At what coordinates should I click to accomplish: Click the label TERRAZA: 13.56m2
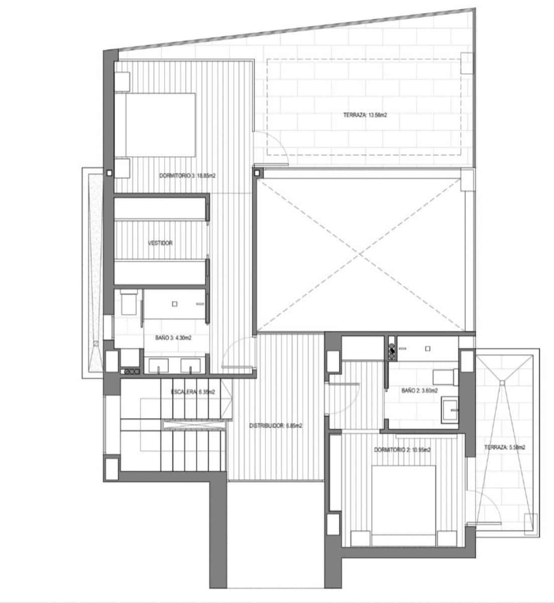[x=365, y=115]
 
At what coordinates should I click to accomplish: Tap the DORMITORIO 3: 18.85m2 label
[x=184, y=176]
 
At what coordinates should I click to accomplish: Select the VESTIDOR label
[x=161, y=243]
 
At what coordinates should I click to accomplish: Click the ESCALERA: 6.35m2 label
[x=193, y=392]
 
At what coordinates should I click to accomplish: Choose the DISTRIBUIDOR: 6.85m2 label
[x=276, y=426]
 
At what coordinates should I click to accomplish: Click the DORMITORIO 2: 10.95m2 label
[x=402, y=450]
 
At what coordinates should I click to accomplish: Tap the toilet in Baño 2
[x=445, y=375]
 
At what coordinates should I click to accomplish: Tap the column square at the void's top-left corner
[x=257, y=173]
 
